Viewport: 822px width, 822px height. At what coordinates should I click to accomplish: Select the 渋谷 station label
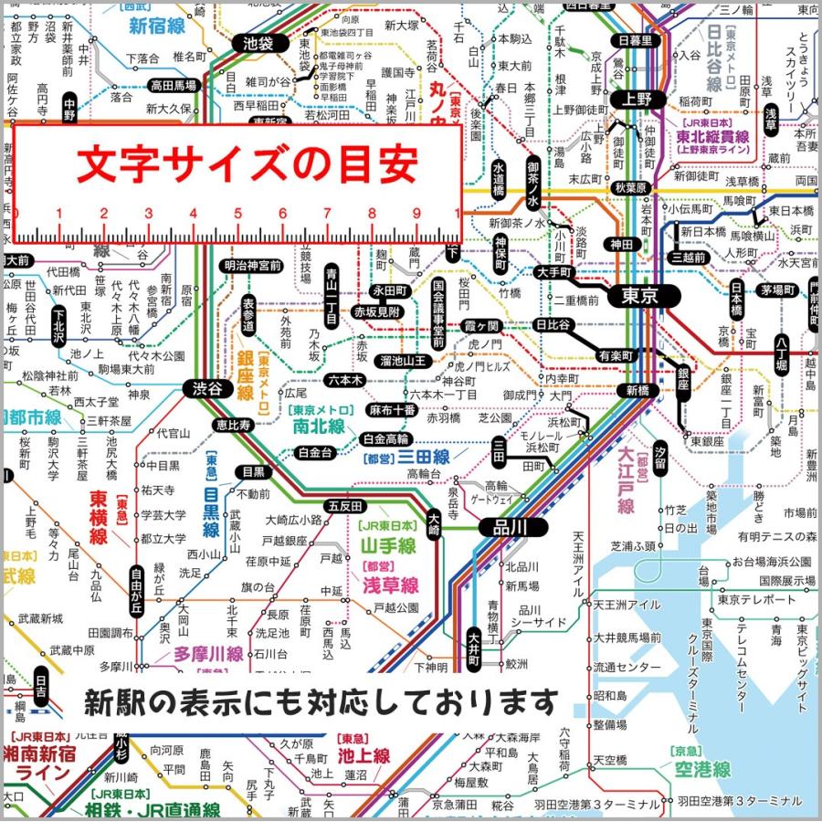pos(207,387)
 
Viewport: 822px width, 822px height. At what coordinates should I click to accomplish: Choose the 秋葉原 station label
pos(630,187)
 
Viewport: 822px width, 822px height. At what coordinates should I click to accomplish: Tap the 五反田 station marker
pos(345,506)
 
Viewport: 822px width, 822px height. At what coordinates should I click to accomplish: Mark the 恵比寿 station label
pos(233,425)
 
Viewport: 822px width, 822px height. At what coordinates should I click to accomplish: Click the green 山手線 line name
pos(387,546)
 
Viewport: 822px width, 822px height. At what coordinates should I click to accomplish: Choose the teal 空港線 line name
pos(702,770)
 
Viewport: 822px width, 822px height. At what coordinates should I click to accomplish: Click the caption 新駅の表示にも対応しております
pos(320,702)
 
